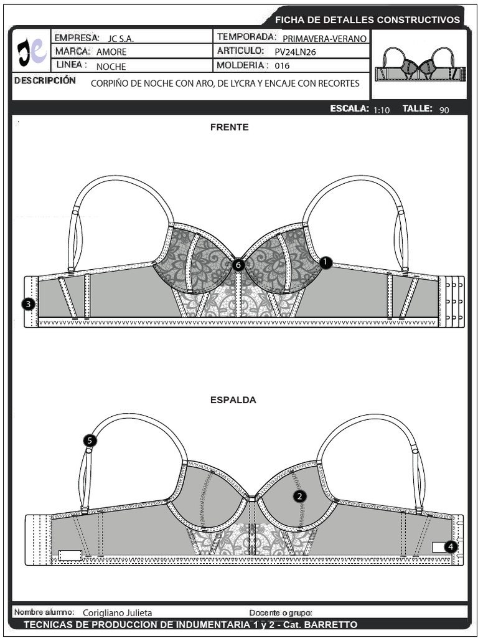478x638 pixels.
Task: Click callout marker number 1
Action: click(x=326, y=263)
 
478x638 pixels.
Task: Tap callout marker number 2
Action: click(x=300, y=496)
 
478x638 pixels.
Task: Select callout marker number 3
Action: click(x=28, y=303)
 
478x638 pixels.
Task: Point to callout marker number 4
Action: click(x=451, y=547)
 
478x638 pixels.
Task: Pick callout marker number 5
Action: click(x=90, y=440)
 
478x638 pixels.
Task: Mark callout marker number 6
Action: click(x=238, y=265)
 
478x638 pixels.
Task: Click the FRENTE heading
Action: click(x=230, y=127)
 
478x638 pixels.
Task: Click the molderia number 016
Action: click(x=282, y=65)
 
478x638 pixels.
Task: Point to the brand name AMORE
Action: click(x=111, y=52)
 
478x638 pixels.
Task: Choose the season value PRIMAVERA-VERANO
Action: click(x=325, y=39)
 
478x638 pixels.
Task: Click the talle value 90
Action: click(x=444, y=110)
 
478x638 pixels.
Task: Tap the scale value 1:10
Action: click(x=382, y=110)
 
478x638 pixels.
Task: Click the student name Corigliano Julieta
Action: click(x=118, y=613)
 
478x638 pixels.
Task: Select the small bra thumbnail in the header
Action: click(x=419, y=64)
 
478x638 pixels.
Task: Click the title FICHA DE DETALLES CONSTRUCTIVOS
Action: click(x=367, y=19)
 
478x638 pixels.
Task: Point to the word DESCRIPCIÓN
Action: click(x=45, y=80)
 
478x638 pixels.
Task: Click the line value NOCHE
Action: click(x=111, y=67)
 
